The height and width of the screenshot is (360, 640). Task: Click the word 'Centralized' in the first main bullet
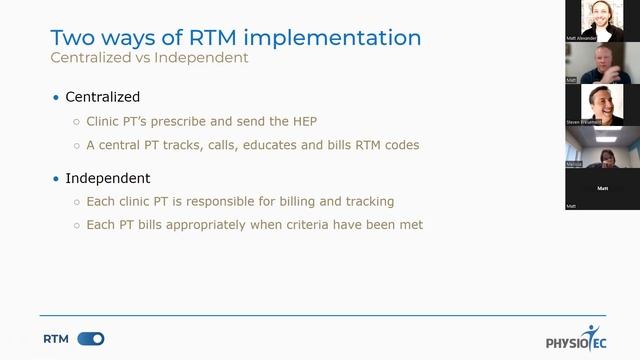click(103, 97)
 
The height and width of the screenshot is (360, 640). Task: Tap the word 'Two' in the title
click(73, 38)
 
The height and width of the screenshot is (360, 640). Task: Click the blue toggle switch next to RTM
click(90, 339)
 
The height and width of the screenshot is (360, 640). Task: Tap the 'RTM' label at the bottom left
click(56, 339)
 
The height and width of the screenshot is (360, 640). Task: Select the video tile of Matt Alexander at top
click(601, 21)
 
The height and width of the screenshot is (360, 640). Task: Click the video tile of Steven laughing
click(601, 103)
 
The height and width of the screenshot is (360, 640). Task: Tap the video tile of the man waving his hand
click(601, 62)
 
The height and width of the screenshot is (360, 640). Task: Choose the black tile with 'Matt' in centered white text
click(601, 187)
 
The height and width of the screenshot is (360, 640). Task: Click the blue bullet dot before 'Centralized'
click(56, 98)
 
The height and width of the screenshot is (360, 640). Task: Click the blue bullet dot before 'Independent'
click(56, 179)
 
